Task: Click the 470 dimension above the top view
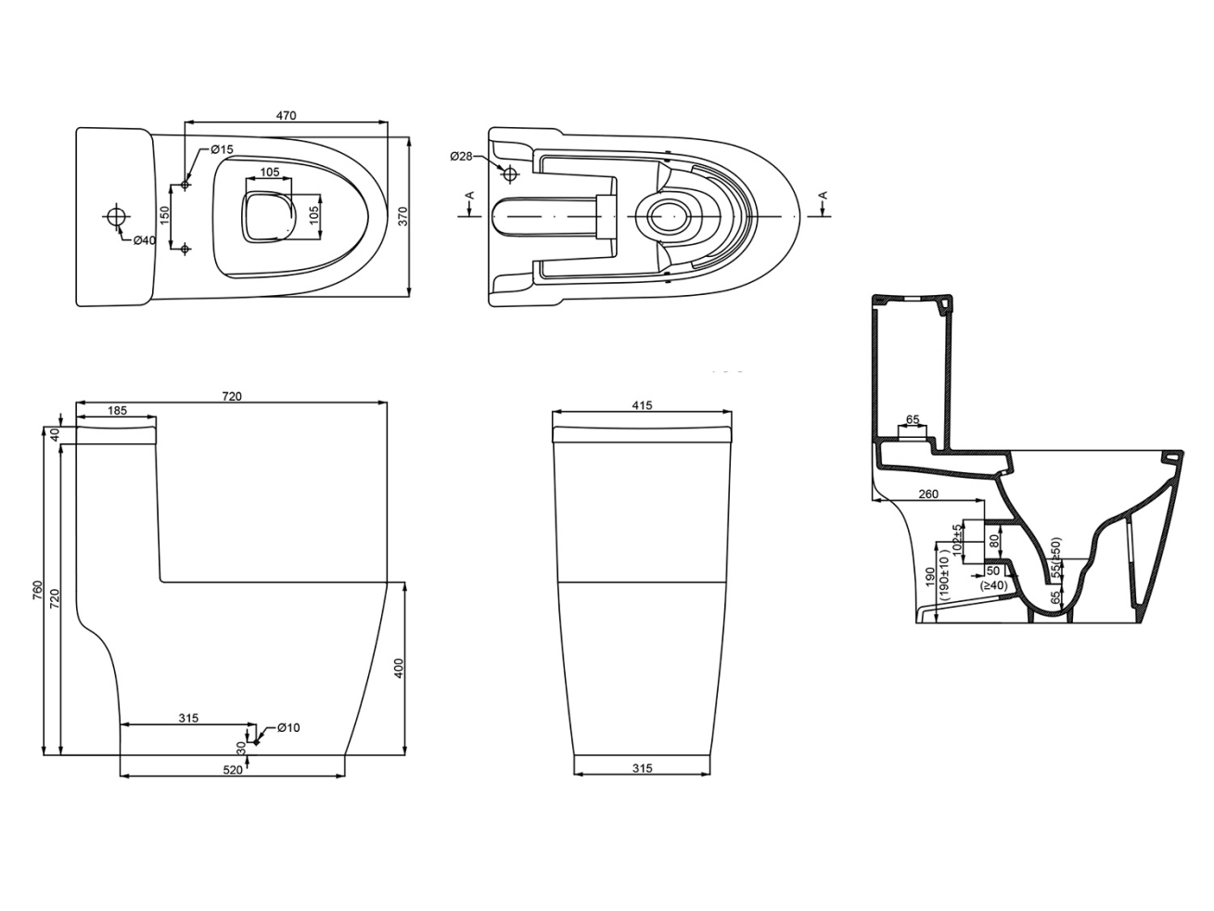coord(286,116)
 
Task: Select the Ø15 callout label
coord(223,149)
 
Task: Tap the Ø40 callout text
coord(145,240)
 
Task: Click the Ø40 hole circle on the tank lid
coord(116,216)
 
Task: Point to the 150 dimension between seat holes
coord(164,215)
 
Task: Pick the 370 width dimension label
coord(403,216)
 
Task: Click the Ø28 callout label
coord(461,157)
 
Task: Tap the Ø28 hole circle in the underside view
coord(510,174)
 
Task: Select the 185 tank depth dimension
coord(117,410)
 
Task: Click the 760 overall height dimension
coord(38,590)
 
